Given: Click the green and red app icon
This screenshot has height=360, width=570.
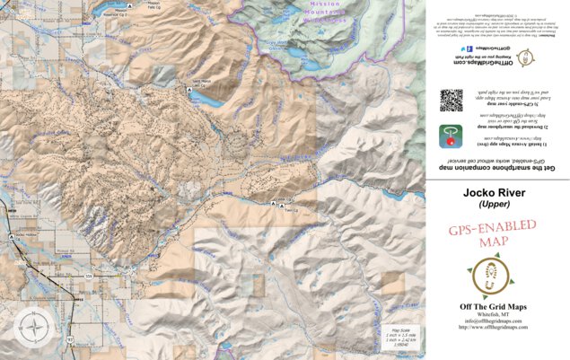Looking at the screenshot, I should point(450,136).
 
